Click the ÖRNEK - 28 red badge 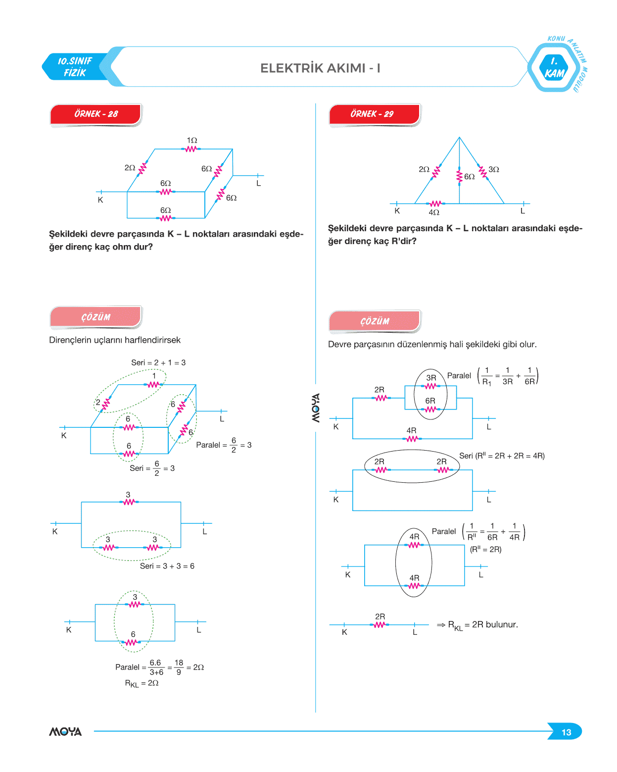(x=95, y=114)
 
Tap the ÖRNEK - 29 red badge (x=374, y=114)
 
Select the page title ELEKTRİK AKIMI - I (x=320, y=68)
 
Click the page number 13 (x=566, y=732)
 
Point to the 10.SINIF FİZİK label (x=75, y=67)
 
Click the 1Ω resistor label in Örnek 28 (x=192, y=141)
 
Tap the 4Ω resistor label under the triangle (x=434, y=212)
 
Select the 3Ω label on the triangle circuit (x=493, y=169)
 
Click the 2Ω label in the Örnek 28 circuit (x=130, y=168)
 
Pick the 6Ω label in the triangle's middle (x=469, y=177)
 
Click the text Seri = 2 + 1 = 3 (x=158, y=362)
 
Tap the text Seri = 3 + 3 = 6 (x=167, y=566)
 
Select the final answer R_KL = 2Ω (x=142, y=683)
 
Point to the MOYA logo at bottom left (x=65, y=731)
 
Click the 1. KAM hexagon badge (x=554, y=68)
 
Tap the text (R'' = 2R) (x=485, y=549)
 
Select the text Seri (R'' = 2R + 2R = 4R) (x=502, y=456)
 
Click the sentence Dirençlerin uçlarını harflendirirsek (x=115, y=340)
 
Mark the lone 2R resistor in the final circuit (x=380, y=624)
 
